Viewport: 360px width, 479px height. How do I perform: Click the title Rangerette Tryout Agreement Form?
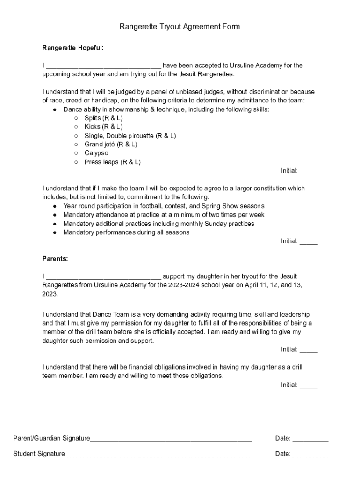point(180,27)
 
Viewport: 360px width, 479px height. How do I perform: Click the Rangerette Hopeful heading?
point(73,48)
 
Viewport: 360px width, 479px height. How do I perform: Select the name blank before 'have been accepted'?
point(103,66)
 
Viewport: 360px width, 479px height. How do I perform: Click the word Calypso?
point(96,153)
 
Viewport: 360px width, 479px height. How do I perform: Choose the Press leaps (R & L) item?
point(112,162)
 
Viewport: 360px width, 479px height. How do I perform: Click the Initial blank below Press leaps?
point(309,171)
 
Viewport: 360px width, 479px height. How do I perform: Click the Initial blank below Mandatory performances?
point(309,242)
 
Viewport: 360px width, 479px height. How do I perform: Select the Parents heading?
point(55,259)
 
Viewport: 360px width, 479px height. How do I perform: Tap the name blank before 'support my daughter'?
point(103,277)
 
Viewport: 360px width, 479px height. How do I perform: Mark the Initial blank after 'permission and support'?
point(309,350)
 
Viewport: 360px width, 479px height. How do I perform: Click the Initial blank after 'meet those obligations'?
point(309,385)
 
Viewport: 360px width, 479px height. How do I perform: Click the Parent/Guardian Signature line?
point(171,439)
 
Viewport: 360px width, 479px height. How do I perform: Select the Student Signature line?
point(158,454)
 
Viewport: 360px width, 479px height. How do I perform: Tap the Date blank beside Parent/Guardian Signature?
point(310,439)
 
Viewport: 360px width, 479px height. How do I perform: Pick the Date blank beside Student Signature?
point(310,454)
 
